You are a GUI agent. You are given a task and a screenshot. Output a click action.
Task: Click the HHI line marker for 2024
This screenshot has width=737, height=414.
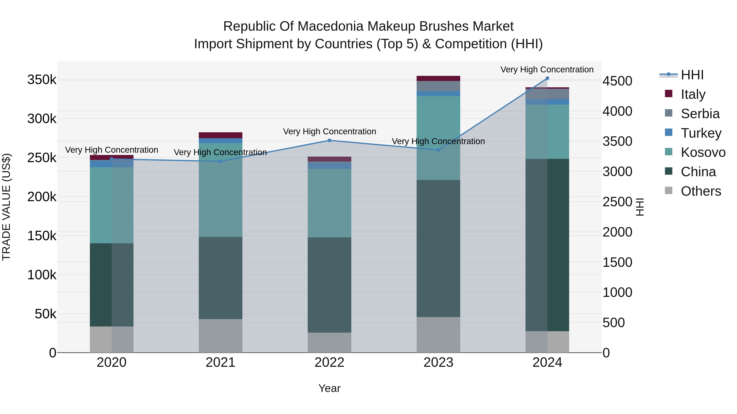click(x=547, y=78)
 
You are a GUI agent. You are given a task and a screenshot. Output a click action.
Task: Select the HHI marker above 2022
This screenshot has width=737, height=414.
click(x=329, y=140)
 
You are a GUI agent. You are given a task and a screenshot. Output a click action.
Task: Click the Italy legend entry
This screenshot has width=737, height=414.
click(x=693, y=94)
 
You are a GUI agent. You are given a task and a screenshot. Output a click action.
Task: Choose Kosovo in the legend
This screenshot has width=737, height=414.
click(x=703, y=152)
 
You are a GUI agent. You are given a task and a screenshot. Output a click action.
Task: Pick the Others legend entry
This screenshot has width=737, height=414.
click(x=701, y=191)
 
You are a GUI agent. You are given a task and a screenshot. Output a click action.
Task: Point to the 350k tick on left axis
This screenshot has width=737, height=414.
click(x=42, y=80)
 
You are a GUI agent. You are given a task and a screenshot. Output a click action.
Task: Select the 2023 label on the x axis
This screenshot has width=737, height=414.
click(x=438, y=362)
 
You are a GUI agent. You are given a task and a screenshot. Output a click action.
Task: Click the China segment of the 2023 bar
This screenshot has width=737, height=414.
click(x=438, y=249)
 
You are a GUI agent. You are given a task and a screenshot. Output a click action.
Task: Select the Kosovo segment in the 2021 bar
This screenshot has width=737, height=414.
click(x=220, y=190)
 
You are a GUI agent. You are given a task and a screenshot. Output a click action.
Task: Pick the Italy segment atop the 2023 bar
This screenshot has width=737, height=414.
click(x=438, y=78)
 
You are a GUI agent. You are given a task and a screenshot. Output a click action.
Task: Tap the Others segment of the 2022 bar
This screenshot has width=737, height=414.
click(x=329, y=343)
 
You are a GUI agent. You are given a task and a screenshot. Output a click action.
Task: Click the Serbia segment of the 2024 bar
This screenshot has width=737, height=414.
click(x=547, y=94)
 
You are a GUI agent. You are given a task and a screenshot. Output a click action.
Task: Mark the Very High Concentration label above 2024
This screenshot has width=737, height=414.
click(x=547, y=70)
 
